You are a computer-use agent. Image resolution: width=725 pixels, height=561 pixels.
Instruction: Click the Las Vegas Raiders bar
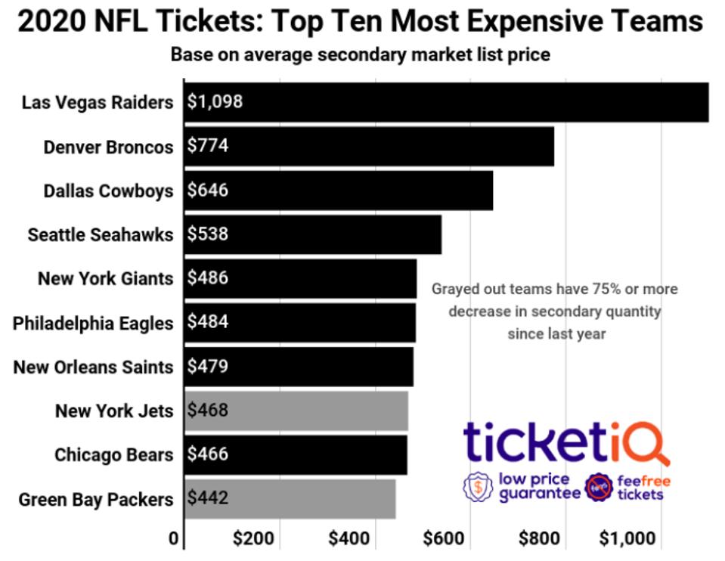(x=446, y=102)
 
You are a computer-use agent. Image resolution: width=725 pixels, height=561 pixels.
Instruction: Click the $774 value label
(x=207, y=146)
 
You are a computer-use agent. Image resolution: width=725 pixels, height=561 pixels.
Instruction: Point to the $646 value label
(x=207, y=191)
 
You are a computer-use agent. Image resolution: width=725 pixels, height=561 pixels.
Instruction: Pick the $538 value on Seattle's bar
(x=207, y=234)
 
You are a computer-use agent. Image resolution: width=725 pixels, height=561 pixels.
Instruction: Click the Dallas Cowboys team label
(x=108, y=191)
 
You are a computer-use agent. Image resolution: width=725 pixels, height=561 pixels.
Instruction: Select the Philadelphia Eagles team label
(x=93, y=323)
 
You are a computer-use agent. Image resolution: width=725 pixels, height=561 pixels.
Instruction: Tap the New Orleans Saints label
(x=93, y=367)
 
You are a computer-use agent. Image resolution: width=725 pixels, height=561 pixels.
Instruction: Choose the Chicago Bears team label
(x=113, y=455)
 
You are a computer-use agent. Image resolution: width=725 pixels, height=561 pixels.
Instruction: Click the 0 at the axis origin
(x=174, y=540)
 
